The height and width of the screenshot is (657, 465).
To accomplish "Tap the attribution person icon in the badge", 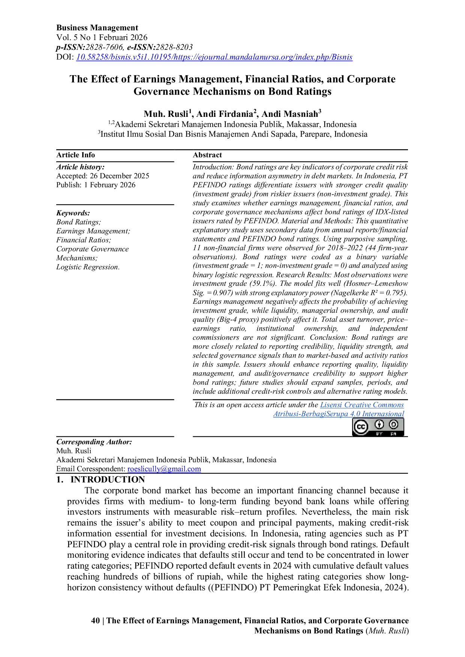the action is click(379, 424).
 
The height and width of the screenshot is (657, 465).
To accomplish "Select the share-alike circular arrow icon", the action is click(393, 424).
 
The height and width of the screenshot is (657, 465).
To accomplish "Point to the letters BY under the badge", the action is click(379, 434).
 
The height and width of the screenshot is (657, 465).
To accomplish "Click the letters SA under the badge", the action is click(393, 434).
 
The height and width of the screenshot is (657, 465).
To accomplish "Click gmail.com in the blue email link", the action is click(184, 469).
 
